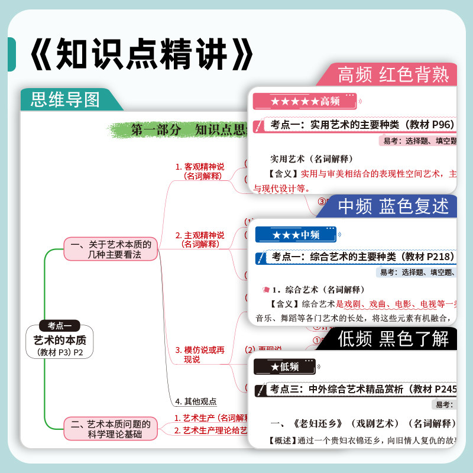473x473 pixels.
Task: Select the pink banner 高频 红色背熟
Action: tap(393, 74)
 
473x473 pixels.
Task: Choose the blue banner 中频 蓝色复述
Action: tap(393, 206)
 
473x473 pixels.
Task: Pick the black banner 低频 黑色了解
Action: tap(393, 339)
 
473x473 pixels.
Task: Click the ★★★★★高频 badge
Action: tap(305, 102)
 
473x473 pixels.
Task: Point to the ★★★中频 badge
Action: tap(296, 235)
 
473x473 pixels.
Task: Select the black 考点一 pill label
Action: tap(59, 325)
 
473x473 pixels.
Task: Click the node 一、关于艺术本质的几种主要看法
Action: tap(111, 249)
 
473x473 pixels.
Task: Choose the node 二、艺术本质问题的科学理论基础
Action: tap(111, 429)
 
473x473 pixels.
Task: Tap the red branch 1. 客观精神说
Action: tap(200, 171)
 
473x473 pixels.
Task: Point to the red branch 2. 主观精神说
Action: tap(200, 239)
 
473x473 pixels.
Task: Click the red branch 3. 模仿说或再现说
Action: tap(200, 354)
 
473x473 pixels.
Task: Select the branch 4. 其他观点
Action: tap(196, 401)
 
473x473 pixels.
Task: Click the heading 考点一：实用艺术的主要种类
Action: tap(361, 125)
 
